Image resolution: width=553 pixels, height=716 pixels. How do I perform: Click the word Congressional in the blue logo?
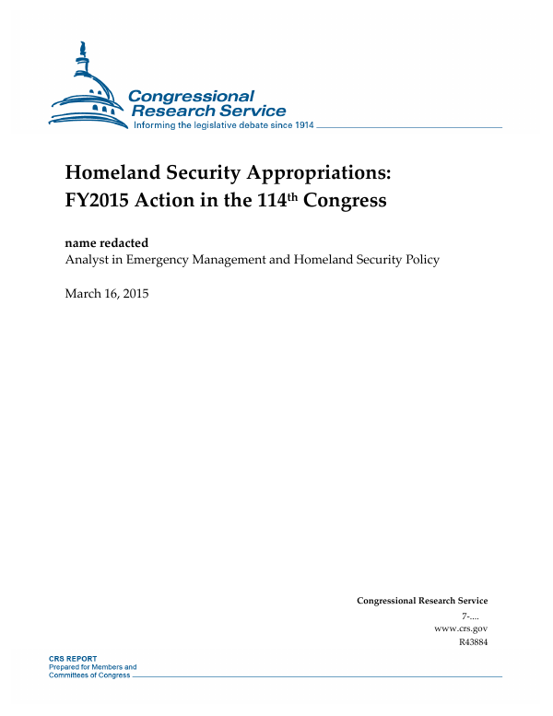coord(191,96)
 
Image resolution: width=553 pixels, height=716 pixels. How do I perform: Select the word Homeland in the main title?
coord(110,173)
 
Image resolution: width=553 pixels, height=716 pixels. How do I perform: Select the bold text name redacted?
coord(107,242)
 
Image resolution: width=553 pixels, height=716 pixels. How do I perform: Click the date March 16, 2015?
coord(107,294)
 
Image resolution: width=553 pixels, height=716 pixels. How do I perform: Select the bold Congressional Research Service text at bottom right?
coord(421,601)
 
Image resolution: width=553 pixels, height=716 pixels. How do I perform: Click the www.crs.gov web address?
coord(460,628)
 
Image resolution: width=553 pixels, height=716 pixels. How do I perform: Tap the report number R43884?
coord(472,642)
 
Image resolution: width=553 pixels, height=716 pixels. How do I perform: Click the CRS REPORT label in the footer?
coord(72,659)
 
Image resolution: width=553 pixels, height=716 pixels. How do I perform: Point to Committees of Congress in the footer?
coord(90,675)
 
